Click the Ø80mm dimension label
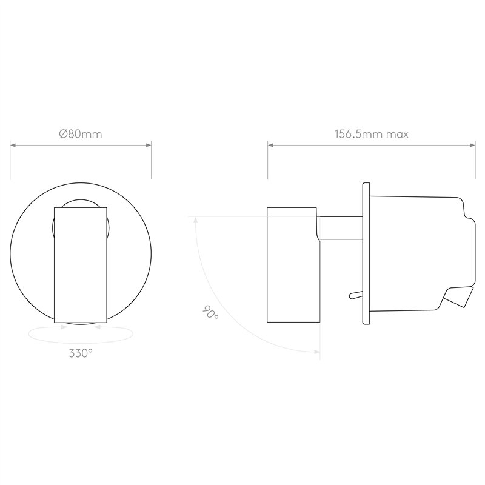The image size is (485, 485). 81,134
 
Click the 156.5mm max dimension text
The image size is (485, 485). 372,134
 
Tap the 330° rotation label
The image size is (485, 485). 81,353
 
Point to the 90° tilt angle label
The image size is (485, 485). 210,312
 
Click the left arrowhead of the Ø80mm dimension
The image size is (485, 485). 13,145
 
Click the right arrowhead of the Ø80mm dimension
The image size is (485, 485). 148,145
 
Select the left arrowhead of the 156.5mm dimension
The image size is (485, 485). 270,145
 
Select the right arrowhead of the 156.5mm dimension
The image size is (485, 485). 472,145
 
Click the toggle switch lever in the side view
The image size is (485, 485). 355,295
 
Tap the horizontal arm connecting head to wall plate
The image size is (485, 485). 341,228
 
